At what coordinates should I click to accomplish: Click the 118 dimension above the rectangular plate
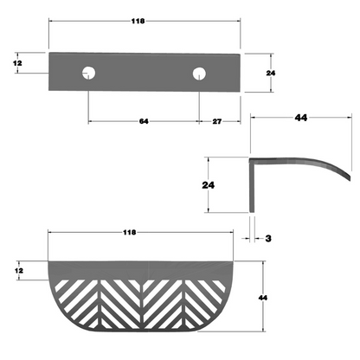[x=144, y=20]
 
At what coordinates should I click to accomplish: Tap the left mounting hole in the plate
[x=88, y=73]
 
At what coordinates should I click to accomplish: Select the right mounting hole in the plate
[x=200, y=73]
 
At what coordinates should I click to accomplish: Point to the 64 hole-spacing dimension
[x=144, y=121]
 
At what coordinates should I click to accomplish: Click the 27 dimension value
[x=217, y=121]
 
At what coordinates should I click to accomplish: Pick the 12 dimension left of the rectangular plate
[x=16, y=63]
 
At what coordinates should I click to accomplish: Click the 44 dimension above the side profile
[x=301, y=117]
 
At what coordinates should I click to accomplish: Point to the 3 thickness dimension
[x=270, y=236]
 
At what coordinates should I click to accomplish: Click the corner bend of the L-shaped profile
[x=252, y=161]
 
